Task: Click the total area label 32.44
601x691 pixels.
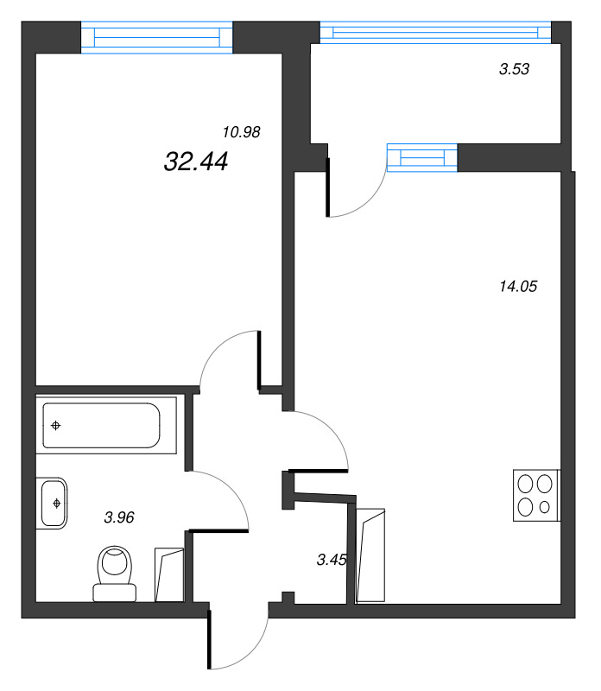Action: [195, 161]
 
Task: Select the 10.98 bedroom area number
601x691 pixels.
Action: [241, 132]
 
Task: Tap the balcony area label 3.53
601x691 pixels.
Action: [514, 71]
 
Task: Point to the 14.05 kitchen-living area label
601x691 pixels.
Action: [518, 287]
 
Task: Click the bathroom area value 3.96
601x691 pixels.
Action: [119, 518]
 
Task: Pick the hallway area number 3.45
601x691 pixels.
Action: [332, 560]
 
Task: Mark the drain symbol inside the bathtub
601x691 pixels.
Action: [56, 425]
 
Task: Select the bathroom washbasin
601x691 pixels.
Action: [53, 502]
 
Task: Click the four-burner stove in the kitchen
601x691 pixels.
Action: [536, 495]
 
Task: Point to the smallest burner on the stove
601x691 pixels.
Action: [545, 507]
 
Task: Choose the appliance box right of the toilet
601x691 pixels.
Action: [169, 574]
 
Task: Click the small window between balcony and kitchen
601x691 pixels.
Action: [421, 158]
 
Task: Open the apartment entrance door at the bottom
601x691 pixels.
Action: [210, 639]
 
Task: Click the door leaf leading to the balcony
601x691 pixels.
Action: [327, 187]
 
